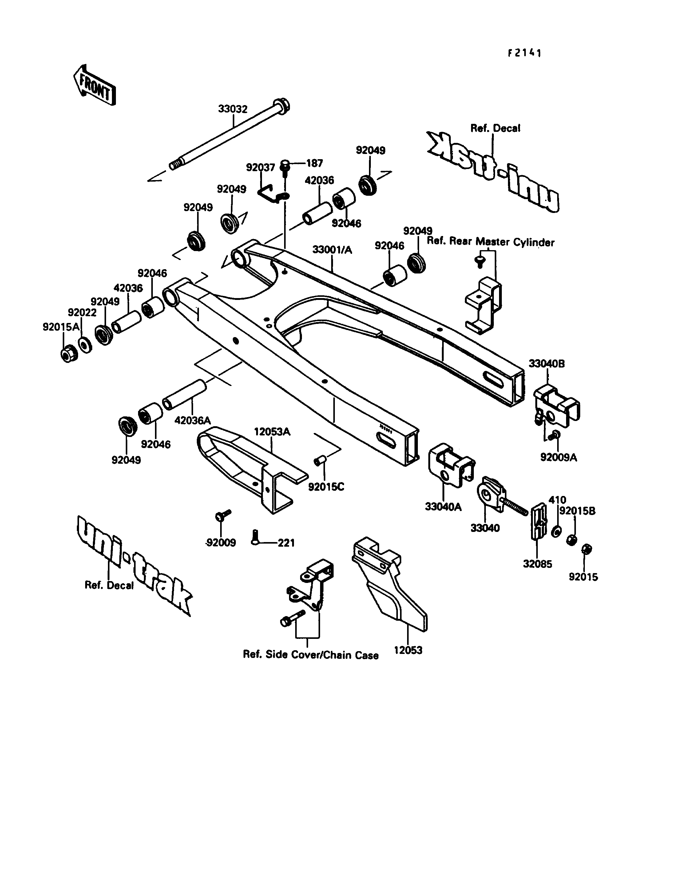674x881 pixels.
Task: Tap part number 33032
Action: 233,109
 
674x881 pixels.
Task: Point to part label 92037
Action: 260,167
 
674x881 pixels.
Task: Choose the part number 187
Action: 315,163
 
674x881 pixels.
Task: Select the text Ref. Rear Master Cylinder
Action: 491,242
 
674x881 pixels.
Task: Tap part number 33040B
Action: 546,364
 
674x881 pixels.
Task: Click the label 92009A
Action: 558,457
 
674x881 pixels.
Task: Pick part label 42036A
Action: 192,420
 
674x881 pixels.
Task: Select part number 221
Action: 287,543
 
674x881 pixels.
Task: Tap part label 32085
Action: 537,564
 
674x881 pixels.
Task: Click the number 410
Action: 557,500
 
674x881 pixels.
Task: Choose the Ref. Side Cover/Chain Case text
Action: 311,655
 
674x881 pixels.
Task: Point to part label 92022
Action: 82,313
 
